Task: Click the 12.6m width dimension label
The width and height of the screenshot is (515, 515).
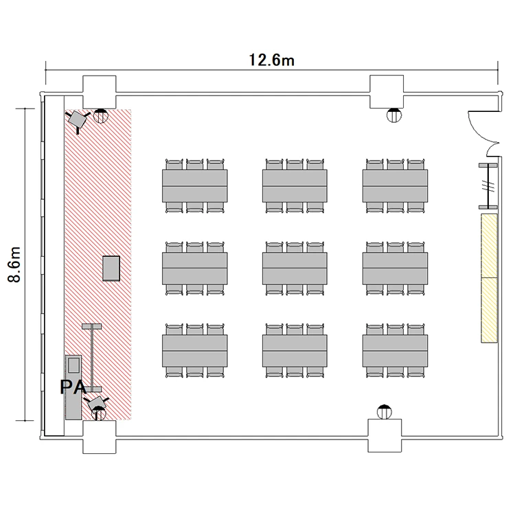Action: tap(271, 60)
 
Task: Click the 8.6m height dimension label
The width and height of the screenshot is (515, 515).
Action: tap(15, 264)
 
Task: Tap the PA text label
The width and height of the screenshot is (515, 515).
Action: tap(73, 387)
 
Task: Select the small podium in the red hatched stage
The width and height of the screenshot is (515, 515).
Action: tap(111, 268)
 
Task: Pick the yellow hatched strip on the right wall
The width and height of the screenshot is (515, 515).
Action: tap(489, 278)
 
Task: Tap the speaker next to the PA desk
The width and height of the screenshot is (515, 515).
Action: tap(96, 402)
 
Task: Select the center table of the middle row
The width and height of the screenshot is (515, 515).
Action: tap(295, 268)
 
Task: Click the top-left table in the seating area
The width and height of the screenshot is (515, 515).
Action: tap(195, 186)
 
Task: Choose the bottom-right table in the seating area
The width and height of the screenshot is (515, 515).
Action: tap(395, 351)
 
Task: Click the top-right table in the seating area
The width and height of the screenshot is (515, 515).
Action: tap(395, 186)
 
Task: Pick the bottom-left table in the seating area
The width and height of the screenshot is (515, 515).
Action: tap(195, 351)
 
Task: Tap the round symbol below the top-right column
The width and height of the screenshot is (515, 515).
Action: tap(394, 115)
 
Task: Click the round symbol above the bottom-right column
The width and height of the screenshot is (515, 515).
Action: tap(385, 412)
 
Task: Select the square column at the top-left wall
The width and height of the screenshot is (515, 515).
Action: tap(99, 92)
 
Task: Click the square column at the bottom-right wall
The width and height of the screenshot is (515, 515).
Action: tap(385, 435)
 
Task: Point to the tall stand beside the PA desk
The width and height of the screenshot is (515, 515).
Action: tap(92, 358)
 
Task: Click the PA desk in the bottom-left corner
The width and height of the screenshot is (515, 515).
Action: tap(73, 387)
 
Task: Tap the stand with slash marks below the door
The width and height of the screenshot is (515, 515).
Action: tap(488, 186)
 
